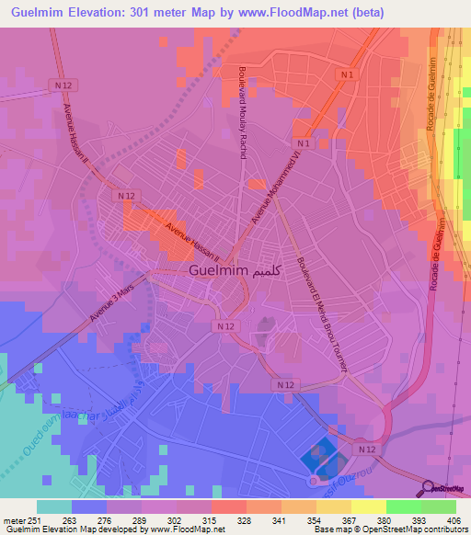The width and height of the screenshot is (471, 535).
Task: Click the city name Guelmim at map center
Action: pyautogui.click(x=219, y=271)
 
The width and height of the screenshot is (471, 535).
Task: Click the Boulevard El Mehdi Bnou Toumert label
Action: pyautogui.click(x=321, y=312)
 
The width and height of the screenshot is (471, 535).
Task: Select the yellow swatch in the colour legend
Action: pyautogui.click(x=368, y=507)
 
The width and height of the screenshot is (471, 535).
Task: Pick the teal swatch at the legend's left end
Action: pyautogui.click(x=54, y=507)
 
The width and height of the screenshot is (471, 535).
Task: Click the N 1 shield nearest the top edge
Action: pyautogui.click(x=347, y=74)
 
